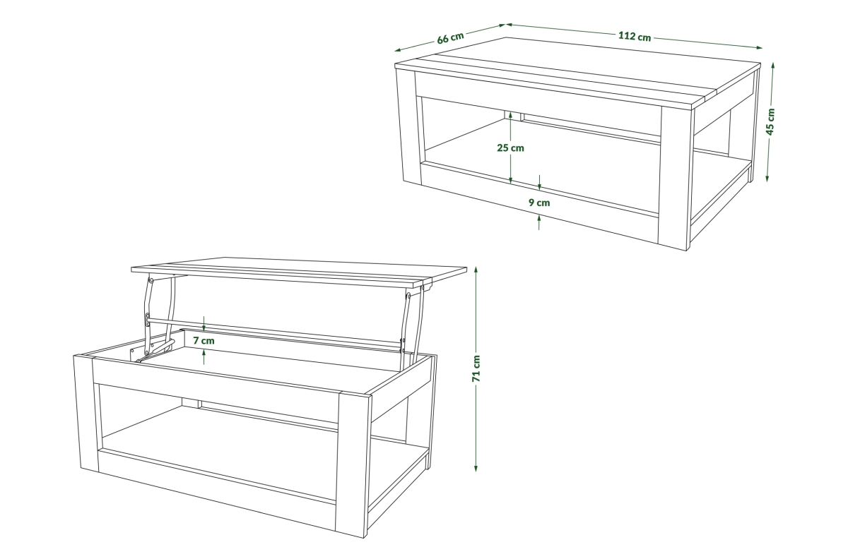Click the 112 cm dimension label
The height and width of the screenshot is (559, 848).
coord(635,36)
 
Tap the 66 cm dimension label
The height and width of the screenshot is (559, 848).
coord(451,38)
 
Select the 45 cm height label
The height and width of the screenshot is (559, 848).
coord(770,121)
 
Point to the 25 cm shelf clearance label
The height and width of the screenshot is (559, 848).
coord(510,148)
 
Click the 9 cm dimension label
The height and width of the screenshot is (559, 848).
coord(539,203)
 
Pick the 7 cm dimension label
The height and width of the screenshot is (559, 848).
coord(204,341)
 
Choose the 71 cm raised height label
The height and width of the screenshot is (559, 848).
coord(476,368)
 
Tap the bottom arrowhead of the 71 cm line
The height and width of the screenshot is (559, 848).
coord(476,468)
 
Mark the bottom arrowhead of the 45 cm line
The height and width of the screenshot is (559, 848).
coord(767,179)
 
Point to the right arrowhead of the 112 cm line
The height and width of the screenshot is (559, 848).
coord(759,48)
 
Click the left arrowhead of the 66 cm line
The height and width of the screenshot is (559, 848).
coord(397,50)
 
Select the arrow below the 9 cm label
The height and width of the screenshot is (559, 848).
coord(539,222)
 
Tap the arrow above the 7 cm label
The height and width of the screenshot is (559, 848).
coord(204,324)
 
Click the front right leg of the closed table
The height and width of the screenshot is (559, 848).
coord(676,178)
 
